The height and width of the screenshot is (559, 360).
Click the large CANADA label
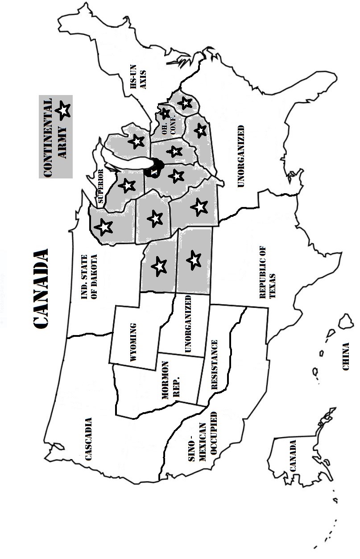click(41, 289)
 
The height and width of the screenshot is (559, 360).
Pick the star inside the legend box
click(64, 110)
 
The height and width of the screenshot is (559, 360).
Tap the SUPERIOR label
click(100, 186)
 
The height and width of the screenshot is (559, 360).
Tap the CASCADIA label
click(88, 439)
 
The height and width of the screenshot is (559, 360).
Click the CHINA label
click(345, 356)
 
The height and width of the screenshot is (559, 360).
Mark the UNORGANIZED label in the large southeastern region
click(241, 156)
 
